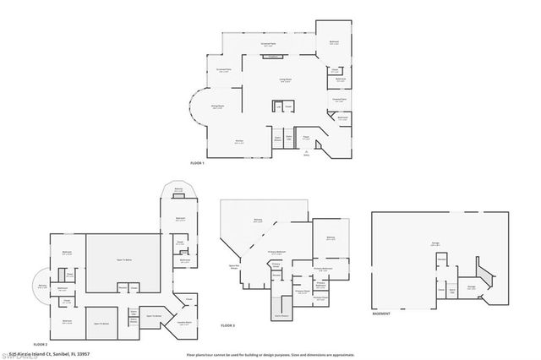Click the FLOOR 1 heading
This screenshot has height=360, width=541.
(x=199, y=162)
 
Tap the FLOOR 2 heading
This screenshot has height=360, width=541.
(x=40, y=344)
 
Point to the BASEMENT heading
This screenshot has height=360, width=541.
(x=382, y=312)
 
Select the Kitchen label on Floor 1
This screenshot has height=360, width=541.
(x=240, y=141)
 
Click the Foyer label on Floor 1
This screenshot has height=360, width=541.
(x=307, y=137)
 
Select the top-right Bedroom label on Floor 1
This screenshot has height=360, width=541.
(x=334, y=43)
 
